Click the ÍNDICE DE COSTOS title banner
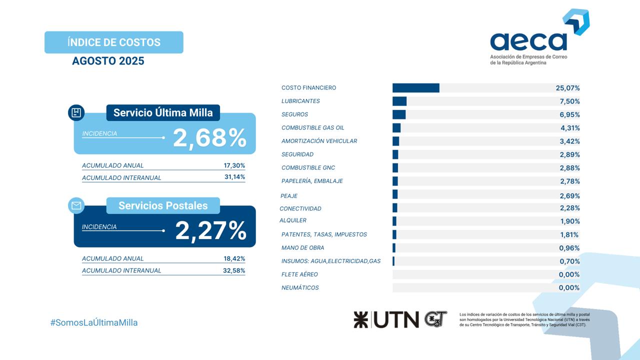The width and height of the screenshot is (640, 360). pyautogui.click(x=114, y=42)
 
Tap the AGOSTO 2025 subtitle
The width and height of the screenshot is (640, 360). pyautogui.click(x=108, y=61)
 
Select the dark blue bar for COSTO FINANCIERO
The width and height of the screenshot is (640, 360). pyautogui.click(x=415, y=88)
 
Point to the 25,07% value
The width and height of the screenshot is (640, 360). pyautogui.click(x=567, y=88)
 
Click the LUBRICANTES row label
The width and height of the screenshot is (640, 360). pyautogui.click(x=300, y=101)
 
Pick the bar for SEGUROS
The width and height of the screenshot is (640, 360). pyautogui.click(x=399, y=114)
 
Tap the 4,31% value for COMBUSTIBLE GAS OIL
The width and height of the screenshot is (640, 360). pyautogui.click(x=570, y=128)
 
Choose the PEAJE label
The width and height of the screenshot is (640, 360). pyautogui.click(x=289, y=196)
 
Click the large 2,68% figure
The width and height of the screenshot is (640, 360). pyautogui.click(x=209, y=138)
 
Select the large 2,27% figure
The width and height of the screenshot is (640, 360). pyautogui.click(x=210, y=230)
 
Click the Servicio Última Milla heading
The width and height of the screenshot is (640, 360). pyautogui.click(x=163, y=113)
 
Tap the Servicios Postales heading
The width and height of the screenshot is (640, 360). pyautogui.click(x=163, y=205)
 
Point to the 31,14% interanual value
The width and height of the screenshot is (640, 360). pyautogui.click(x=234, y=177)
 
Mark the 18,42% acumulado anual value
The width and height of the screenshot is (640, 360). pyautogui.click(x=234, y=258)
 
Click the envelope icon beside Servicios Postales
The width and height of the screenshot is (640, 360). pyautogui.click(x=76, y=205)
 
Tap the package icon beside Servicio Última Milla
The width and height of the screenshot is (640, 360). pyautogui.click(x=76, y=112)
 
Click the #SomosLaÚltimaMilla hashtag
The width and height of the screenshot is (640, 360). pyautogui.click(x=94, y=322)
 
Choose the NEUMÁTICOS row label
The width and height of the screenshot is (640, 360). pyautogui.click(x=300, y=287)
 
